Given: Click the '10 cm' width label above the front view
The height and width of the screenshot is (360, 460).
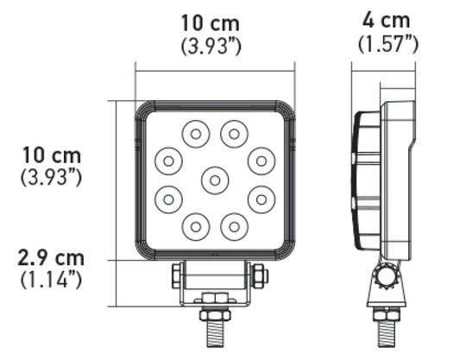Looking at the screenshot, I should (x=211, y=23).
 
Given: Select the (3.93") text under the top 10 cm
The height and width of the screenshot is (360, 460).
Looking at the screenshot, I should (x=211, y=47).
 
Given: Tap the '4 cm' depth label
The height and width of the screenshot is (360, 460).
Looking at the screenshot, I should (x=387, y=20).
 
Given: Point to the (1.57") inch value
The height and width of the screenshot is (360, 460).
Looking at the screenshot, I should (x=387, y=42).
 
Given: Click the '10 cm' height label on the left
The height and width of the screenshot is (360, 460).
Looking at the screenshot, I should (x=52, y=155).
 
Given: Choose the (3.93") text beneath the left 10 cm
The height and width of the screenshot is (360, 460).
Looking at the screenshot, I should (x=52, y=177).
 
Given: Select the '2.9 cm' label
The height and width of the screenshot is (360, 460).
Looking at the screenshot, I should (x=52, y=257).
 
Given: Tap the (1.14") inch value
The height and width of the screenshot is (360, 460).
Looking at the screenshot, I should (x=52, y=279).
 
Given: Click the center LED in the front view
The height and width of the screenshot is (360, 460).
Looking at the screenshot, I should (x=215, y=180).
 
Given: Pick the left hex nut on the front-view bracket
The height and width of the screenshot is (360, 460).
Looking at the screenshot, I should (x=177, y=276).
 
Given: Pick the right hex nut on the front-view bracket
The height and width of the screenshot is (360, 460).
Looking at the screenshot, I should (x=256, y=276).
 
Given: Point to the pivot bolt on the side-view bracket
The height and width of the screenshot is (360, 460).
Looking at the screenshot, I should (x=386, y=279).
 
